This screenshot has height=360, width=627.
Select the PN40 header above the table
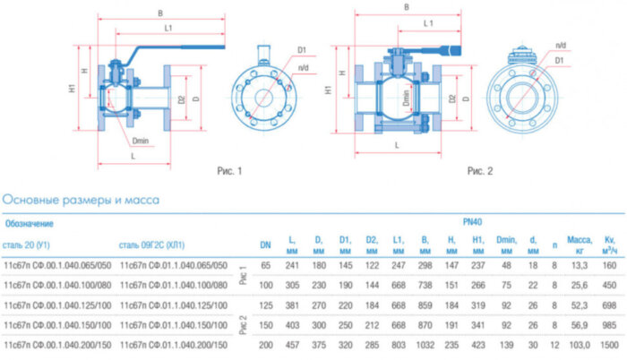(473, 221)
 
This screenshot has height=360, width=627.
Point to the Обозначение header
(30, 223)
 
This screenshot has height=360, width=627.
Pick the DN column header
(266, 244)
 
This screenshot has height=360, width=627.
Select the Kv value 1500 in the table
(610, 344)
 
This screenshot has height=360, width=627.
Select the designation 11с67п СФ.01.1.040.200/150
(173, 344)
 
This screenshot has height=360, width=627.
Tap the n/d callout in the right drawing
(561, 45)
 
